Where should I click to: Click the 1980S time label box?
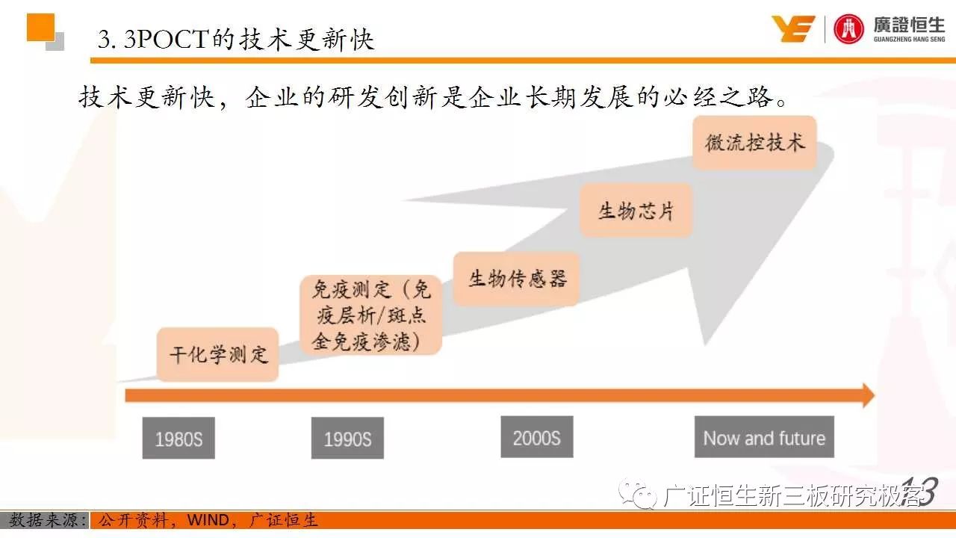pos(179,438)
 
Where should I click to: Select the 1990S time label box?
pos(347,438)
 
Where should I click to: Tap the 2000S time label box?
pos(537,437)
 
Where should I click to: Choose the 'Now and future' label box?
pos(764,437)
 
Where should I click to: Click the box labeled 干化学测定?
pos(217,354)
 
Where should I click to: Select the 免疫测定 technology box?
pos(371,315)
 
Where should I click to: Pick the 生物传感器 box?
pos(516,279)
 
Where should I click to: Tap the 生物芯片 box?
pos(636,211)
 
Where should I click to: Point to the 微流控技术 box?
pos(754,143)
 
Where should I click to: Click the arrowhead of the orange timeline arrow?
pos(869,396)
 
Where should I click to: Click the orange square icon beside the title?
pos(40,28)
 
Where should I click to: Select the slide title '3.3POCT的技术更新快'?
pos(236,40)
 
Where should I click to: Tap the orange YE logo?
pos(793,28)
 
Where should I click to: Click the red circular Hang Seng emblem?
pos(848,29)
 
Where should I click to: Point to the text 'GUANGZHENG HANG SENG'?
pos(909,40)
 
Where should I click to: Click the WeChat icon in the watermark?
pos(638,494)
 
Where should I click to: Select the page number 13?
pos(919,491)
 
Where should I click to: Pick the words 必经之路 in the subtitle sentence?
pos(718,97)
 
